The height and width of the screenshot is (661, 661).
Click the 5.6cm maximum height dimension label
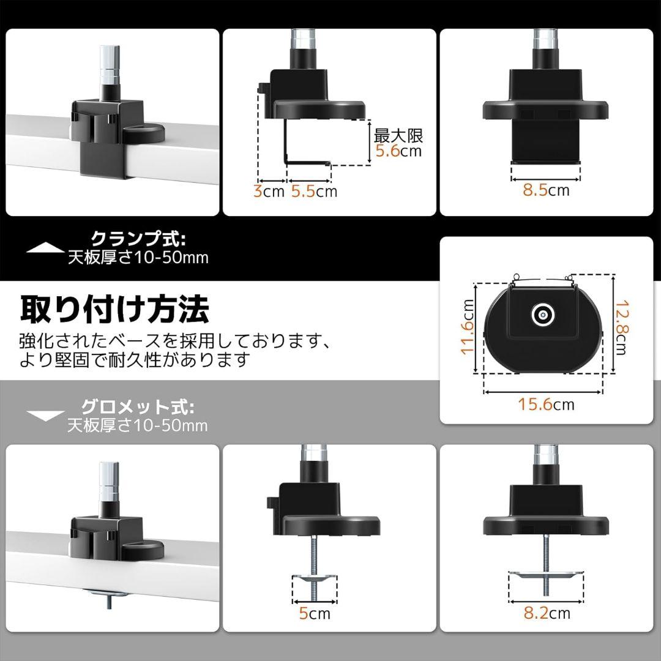[398, 151]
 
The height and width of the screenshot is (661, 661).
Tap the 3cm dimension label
[269, 191]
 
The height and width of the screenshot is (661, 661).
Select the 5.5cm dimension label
[314, 191]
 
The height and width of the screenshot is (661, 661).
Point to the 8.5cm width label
[545, 190]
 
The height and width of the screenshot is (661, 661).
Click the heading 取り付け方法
[114, 308]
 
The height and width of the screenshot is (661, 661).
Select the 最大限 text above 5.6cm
[398, 135]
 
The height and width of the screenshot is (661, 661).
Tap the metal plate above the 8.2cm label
[542, 573]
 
